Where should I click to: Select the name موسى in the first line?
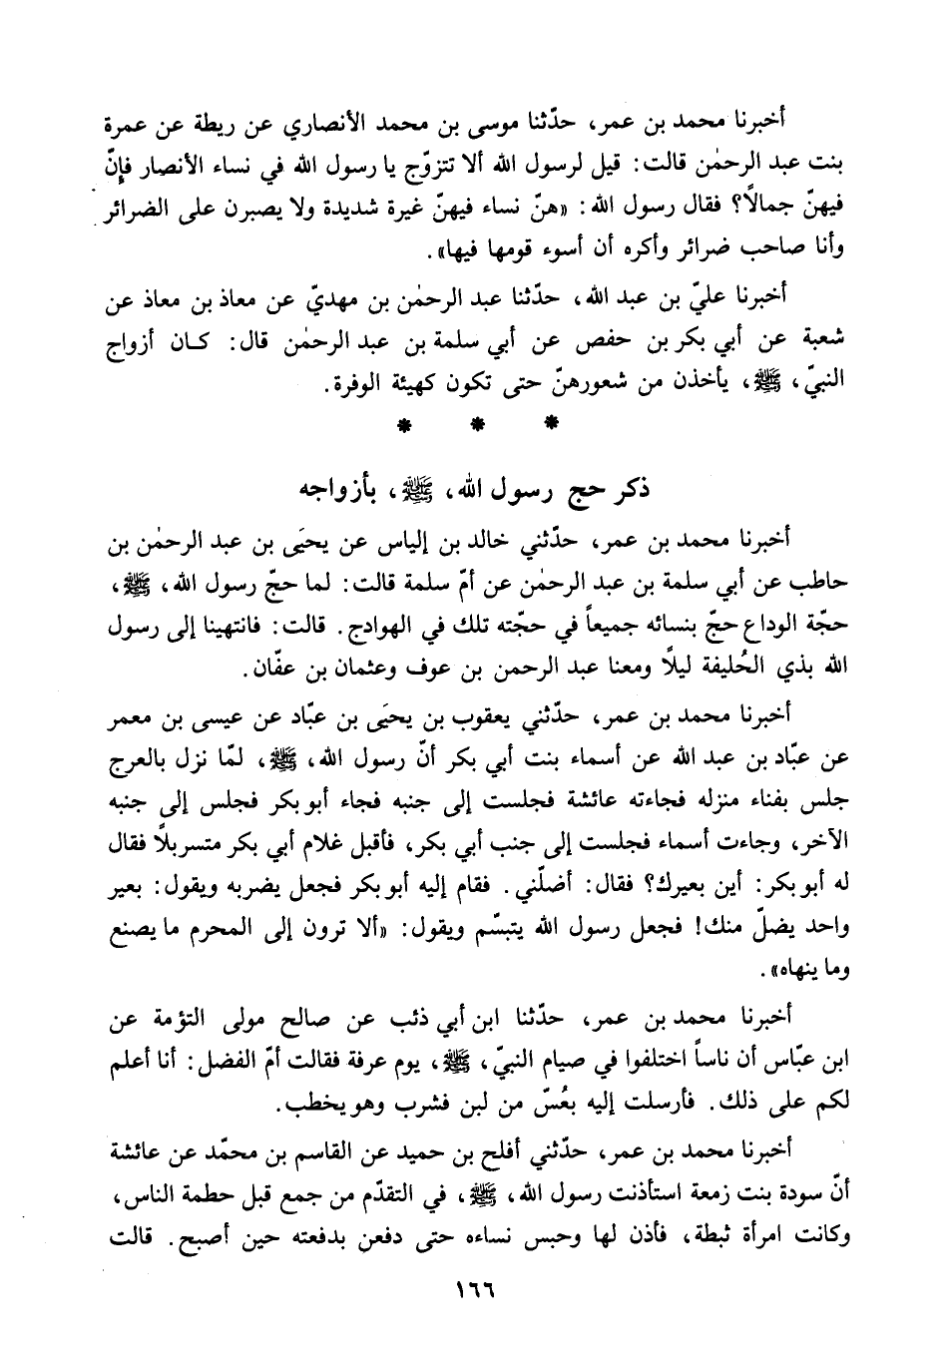pyautogui.click(x=493, y=133)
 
